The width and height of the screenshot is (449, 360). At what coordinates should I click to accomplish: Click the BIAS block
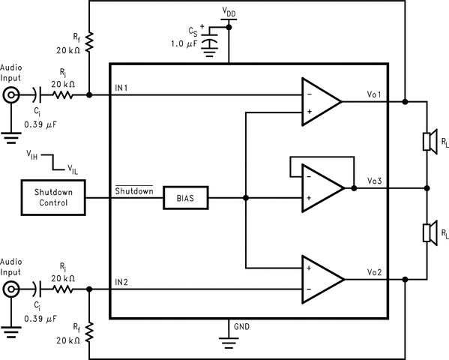185,199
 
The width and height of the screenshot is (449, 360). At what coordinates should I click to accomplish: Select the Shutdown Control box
52,198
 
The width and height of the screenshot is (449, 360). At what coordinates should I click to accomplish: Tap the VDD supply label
229,11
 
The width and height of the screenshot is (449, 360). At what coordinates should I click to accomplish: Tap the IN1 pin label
122,88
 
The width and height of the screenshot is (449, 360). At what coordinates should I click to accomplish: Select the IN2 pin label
122,282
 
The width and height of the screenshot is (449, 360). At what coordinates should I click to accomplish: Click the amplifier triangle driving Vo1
320,100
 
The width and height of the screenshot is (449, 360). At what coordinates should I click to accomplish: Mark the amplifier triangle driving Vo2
320,278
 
